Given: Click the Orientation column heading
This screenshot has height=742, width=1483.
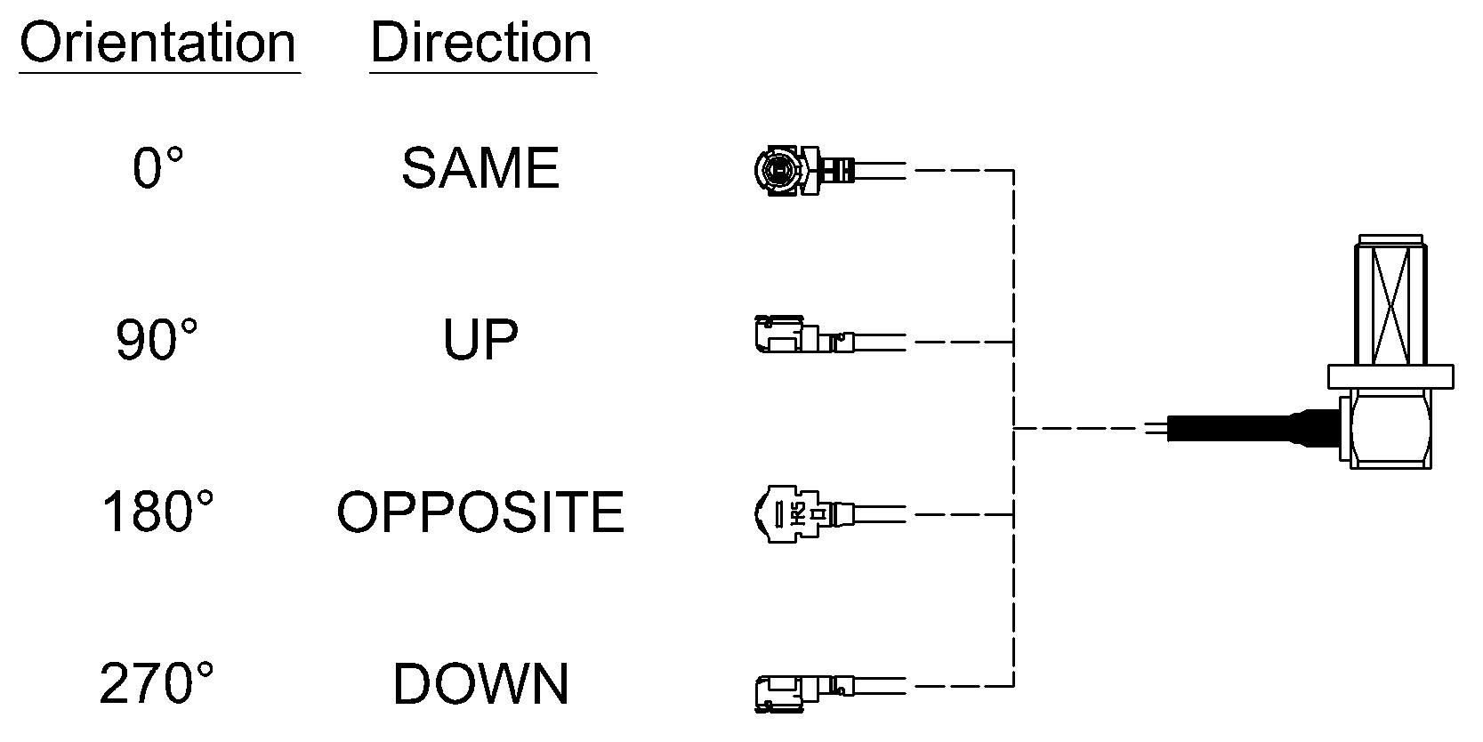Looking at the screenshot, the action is point(157,43).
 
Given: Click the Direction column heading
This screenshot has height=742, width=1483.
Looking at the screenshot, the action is point(481,43).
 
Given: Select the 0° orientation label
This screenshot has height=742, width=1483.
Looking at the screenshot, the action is point(157,168).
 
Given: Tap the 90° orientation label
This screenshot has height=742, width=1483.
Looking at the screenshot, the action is point(157,340).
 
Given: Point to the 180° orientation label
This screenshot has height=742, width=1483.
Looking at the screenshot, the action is point(157,512).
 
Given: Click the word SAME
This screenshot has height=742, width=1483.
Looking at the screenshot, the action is point(480,168).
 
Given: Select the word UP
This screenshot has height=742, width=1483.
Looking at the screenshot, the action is point(480,340).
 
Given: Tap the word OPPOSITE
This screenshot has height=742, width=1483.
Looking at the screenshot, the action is point(480,512).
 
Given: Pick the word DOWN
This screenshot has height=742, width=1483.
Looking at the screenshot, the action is point(481,684).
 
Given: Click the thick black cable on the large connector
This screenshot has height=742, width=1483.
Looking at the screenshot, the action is point(1252,428).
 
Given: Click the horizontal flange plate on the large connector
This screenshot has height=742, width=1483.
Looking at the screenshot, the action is point(1390,376).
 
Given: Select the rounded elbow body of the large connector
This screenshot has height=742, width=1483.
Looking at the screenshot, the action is point(1390,429).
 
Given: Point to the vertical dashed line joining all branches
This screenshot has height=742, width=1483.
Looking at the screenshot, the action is point(1013,428).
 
